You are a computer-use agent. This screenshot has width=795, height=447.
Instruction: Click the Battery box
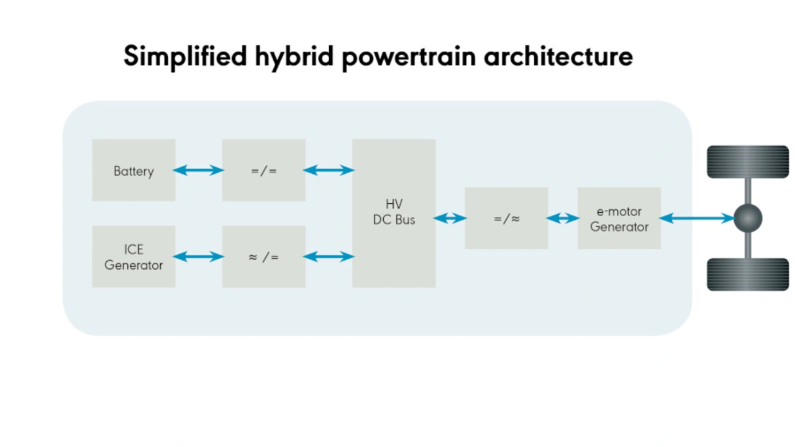point(134,170)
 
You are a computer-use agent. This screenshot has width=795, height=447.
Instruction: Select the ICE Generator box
point(134,256)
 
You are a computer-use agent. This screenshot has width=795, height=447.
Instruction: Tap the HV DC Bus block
point(394,213)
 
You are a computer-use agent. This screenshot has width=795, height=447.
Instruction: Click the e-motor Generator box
point(619,218)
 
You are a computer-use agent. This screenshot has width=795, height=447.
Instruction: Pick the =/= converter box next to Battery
point(264,170)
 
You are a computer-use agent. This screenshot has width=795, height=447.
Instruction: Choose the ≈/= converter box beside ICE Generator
point(264,256)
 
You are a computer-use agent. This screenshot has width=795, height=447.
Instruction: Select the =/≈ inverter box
point(506,218)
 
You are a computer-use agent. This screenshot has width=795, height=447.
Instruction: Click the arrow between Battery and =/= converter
point(198,170)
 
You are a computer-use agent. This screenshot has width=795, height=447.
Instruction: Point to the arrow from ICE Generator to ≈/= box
point(198,256)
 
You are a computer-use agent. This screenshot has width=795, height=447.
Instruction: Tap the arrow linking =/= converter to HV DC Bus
point(329,170)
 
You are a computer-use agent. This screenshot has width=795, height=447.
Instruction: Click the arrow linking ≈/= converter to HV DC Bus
point(329,256)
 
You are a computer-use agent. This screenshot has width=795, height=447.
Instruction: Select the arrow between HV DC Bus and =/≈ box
point(450,218)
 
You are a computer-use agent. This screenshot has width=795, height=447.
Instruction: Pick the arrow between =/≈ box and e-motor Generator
point(563,218)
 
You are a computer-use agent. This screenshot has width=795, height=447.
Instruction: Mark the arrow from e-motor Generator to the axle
point(697,218)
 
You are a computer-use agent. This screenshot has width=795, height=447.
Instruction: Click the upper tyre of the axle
point(748,162)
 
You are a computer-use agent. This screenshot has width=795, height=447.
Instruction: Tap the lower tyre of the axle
point(748,274)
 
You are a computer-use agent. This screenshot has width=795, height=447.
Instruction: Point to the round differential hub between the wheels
point(748,218)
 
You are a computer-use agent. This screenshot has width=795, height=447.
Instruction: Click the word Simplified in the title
point(185,56)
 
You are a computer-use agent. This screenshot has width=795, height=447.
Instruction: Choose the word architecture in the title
point(558,56)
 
